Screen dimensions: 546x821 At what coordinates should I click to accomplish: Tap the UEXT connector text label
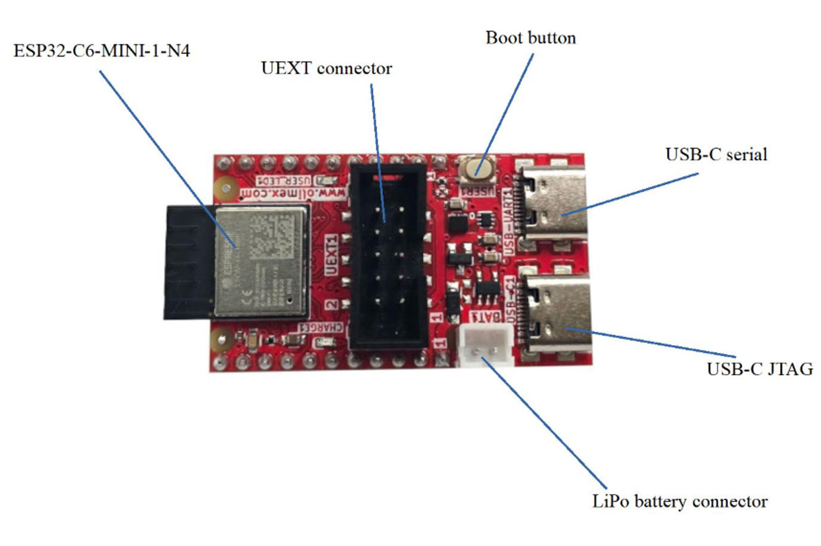click(326, 68)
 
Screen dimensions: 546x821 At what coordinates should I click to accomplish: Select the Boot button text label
click(530, 37)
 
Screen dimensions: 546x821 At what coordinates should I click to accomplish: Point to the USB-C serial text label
click(716, 154)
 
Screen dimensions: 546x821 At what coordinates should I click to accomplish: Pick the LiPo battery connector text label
click(679, 501)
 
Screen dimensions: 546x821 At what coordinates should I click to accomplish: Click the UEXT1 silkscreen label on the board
click(332, 256)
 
